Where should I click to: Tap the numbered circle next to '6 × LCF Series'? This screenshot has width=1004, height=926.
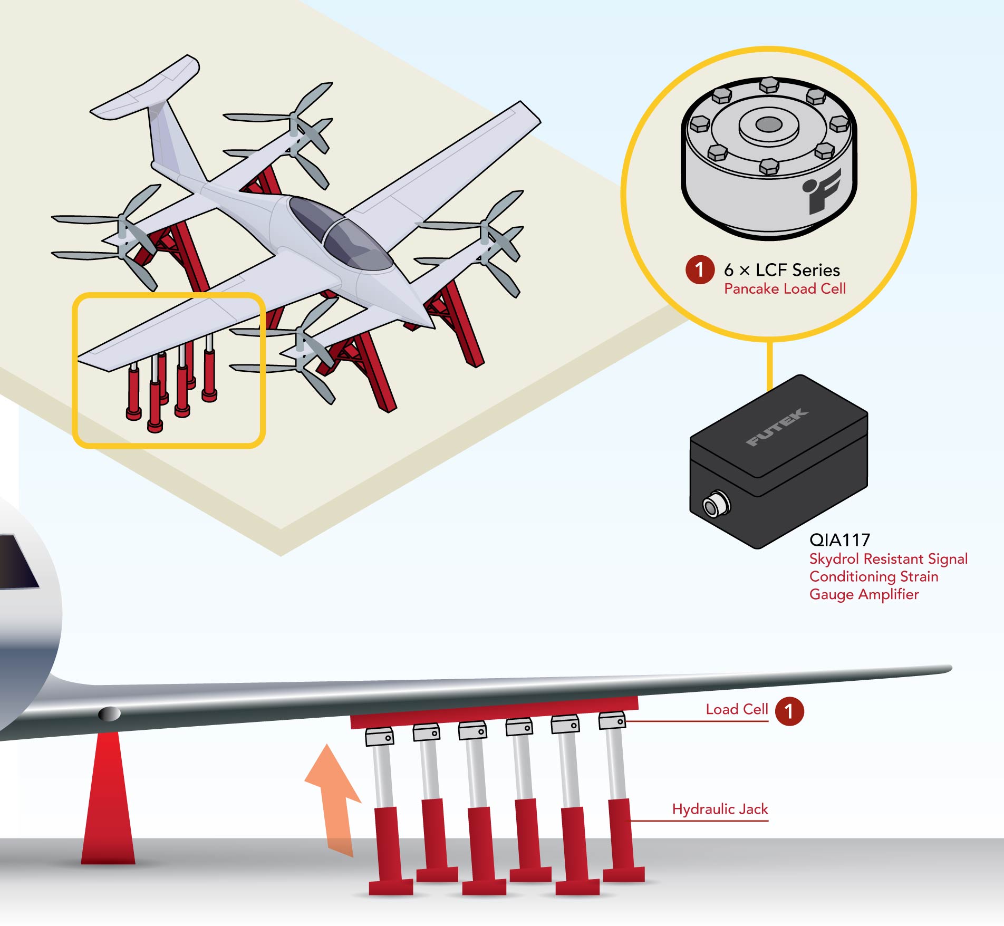pyautogui.click(x=700, y=270)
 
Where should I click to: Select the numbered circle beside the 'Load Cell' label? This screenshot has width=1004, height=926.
pyautogui.click(x=789, y=711)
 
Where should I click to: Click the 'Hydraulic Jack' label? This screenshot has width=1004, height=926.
pyautogui.click(x=720, y=809)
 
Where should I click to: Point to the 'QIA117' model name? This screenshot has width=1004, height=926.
pyautogui.click(x=839, y=539)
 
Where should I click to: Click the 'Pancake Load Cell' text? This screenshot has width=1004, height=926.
pyautogui.click(x=785, y=288)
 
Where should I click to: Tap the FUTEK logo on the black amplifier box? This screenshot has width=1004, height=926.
pyautogui.click(x=777, y=427)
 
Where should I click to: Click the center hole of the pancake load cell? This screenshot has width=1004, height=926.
pyautogui.click(x=768, y=124)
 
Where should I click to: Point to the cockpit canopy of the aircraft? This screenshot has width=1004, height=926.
pyautogui.click(x=340, y=233)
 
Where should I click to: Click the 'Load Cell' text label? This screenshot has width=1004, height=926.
pyautogui.click(x=737, y=709)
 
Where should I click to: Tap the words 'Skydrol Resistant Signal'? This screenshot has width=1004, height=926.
pyautogui.click(x=889, y=558)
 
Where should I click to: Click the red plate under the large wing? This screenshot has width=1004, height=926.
pyautogui.click(x=494, y=711)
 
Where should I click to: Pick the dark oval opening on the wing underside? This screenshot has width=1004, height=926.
pyautogui.click(x=110, y=714)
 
